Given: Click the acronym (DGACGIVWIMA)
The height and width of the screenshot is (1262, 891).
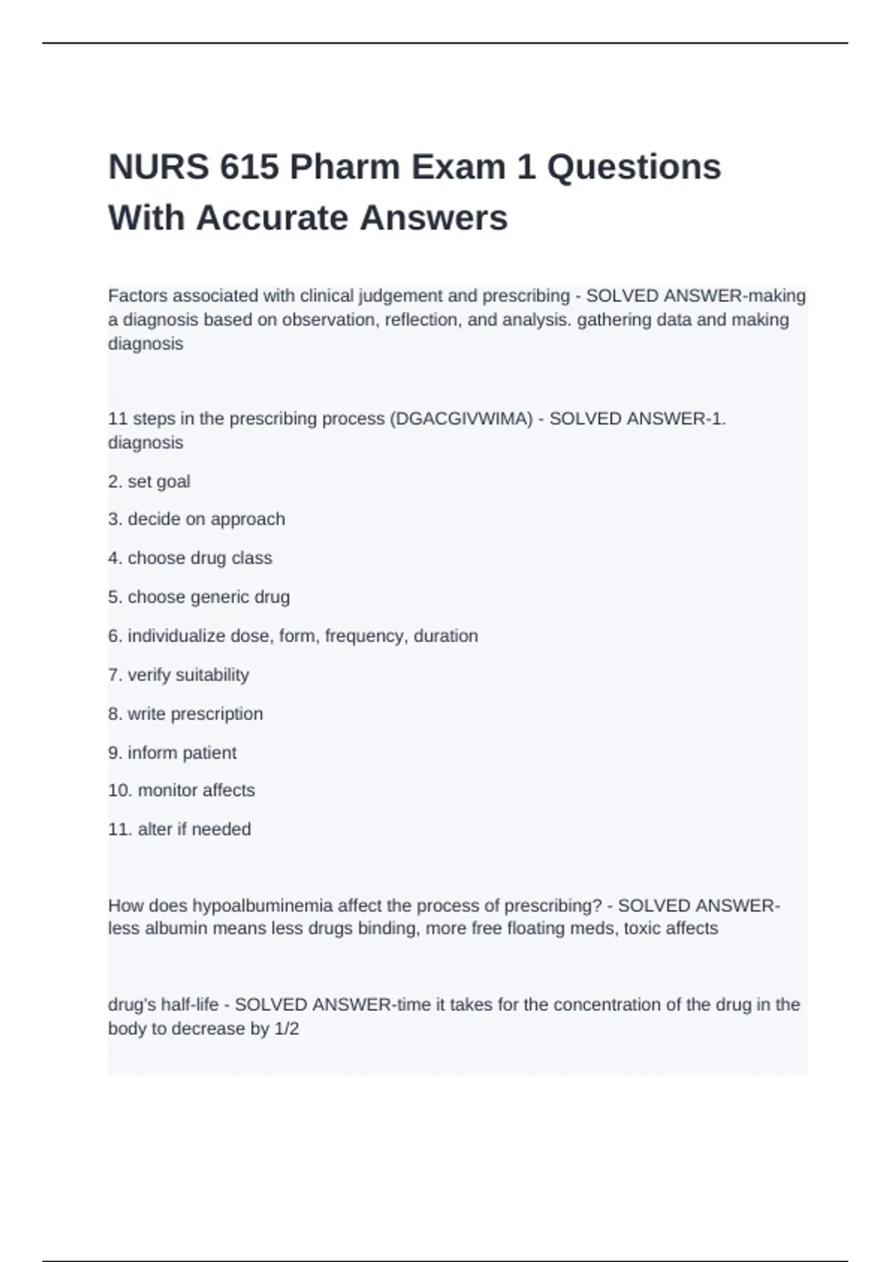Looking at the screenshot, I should (461, 419).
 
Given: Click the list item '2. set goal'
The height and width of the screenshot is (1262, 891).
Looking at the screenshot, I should (149, 482).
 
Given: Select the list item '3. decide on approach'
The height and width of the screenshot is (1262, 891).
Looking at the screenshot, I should (197, 519).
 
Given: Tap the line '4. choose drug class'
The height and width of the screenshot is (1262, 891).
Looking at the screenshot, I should (190, 558).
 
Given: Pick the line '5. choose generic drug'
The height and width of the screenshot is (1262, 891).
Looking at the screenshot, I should (199, 597).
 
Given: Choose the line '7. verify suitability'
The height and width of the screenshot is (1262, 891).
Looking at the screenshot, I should (178, 675).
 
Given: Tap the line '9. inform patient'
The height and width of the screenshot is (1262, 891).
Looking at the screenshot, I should (172, 753).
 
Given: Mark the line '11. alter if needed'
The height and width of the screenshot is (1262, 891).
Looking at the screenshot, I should (180, 829).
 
